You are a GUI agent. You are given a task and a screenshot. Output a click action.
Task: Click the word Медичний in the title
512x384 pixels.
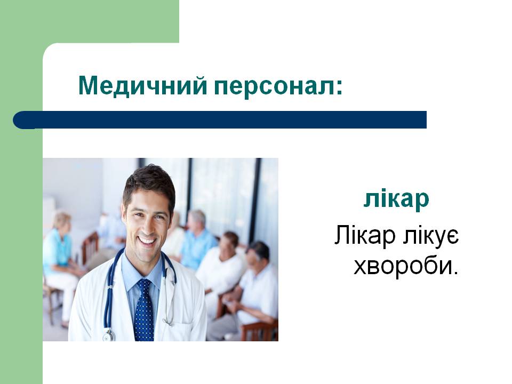(x=143, y=85)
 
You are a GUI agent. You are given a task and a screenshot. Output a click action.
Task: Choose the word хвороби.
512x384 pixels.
(x=406, y=266)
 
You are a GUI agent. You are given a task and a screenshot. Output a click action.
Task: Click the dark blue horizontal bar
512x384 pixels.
(x=220, y=119)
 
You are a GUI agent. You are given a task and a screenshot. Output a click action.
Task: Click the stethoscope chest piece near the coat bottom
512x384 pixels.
(x=109, y=335)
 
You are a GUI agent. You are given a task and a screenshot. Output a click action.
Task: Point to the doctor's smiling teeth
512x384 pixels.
(x=147, y=241)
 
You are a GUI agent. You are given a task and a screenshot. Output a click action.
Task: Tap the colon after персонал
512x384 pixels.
(x=340, y=87)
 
